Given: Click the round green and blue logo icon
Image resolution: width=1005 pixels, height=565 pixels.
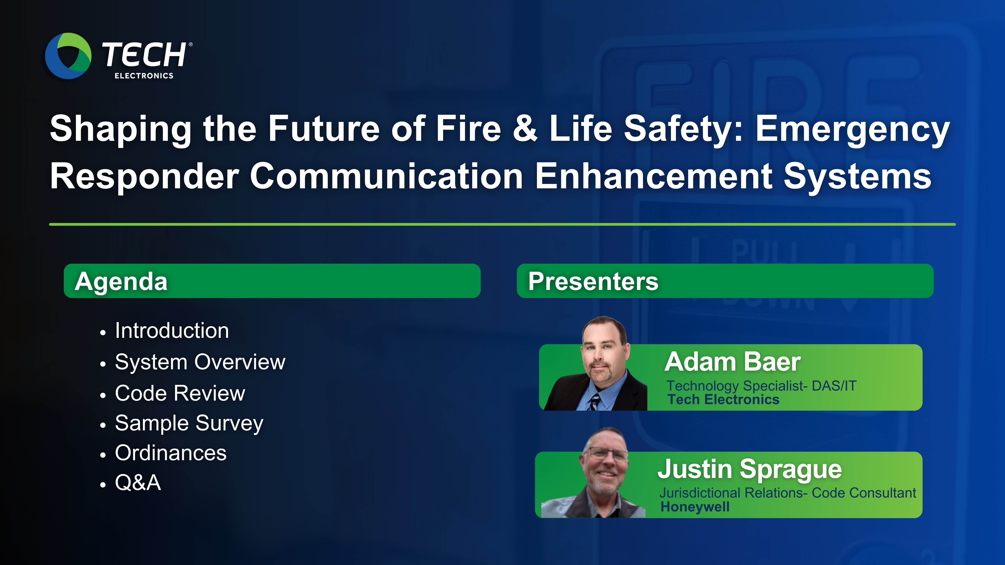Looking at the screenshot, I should (x=68, y=56).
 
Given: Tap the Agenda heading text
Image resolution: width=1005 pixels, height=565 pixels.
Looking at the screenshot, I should (x=121, y=282).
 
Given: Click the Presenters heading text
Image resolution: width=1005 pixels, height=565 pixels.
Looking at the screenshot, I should (x=593, y=282).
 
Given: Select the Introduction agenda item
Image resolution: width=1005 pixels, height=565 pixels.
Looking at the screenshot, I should (x=172, y=331).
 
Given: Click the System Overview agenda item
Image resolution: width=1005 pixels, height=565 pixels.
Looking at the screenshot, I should (x=200, y=362).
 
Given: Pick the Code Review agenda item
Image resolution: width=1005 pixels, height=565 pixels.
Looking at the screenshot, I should (x=180, y=393).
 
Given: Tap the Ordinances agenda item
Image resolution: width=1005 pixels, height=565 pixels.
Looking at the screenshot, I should (x=171, y=453).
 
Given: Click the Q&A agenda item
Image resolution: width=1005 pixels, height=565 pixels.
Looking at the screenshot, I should (x=138, y=483).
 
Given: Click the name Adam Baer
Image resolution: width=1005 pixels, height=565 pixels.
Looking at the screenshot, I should (x=732, y=362).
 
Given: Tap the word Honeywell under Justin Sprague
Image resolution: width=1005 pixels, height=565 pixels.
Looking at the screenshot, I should (x=695, y=507).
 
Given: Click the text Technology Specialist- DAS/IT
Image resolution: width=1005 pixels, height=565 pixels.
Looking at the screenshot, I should (x=761, y=386).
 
